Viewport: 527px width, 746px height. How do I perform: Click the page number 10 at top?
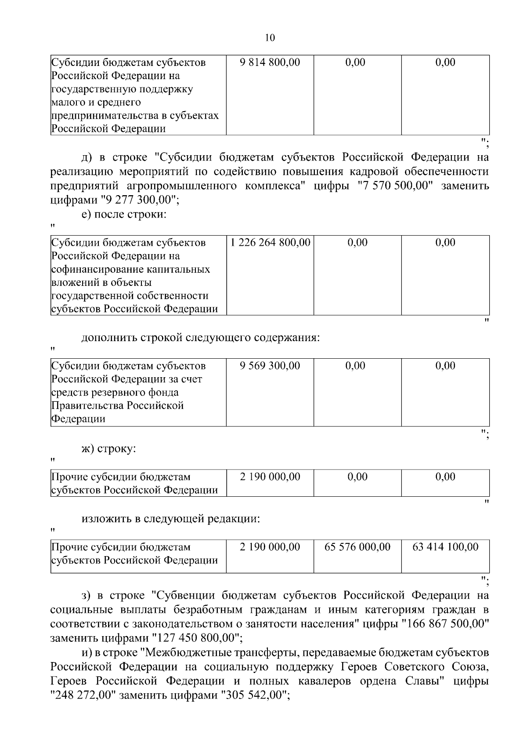pyautogui.click(x=270, y=38)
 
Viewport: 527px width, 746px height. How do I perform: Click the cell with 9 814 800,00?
pyautogui.click(x=270, y=62)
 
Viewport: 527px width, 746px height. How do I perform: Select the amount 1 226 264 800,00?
pyautogui.click(x=270, y=243)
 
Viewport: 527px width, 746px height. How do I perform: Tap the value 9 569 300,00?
pyautogui.click(x=270, y=366)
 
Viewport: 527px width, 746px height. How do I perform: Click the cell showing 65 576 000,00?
pyautogui.click(x=357, y=547)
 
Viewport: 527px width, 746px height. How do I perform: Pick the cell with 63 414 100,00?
pyautogui.click(x=445, y=547)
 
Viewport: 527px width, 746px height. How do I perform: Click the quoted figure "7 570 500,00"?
pyautogui.click(x=396, y=186)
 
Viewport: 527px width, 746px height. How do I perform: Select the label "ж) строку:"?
pyautogui.click(x=109, y=449)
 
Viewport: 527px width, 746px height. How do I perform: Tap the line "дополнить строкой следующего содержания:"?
pyautogui.click(x=201, y=338)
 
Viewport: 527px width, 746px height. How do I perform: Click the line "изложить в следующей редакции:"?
pyautogui.click(x=171, y=519)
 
